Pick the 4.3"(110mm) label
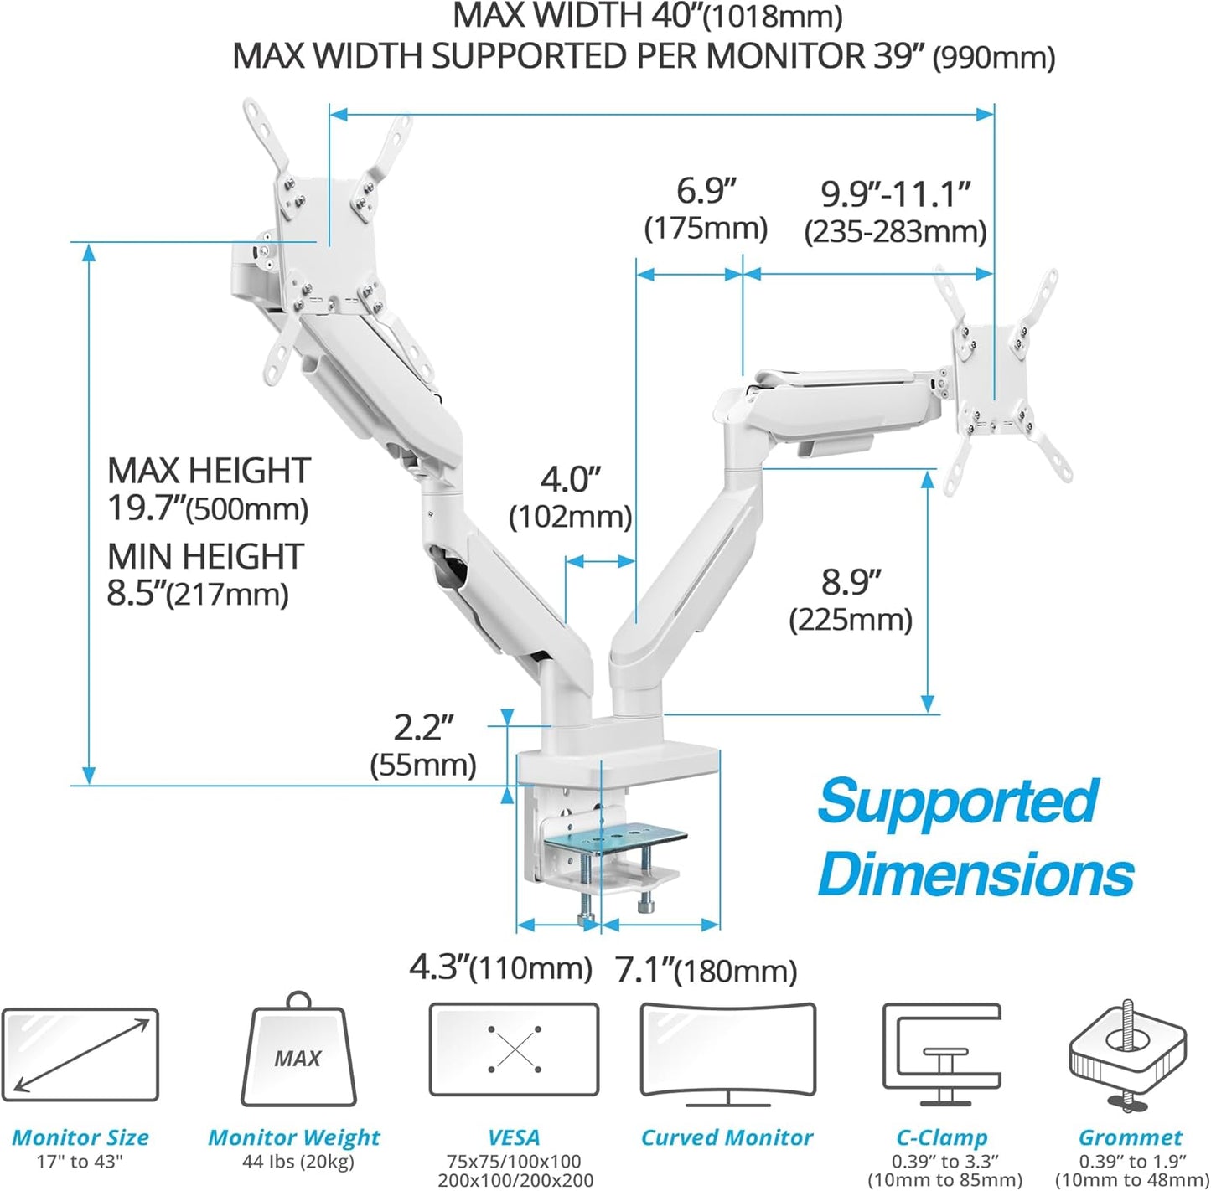pos(500,968)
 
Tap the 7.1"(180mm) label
pos(706,970)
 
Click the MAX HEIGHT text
pos(209,472)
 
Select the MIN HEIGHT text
pos(205,557)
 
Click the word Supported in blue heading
pos(957,801)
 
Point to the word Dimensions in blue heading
pos(976,874)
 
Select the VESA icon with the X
pos(514,1049)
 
